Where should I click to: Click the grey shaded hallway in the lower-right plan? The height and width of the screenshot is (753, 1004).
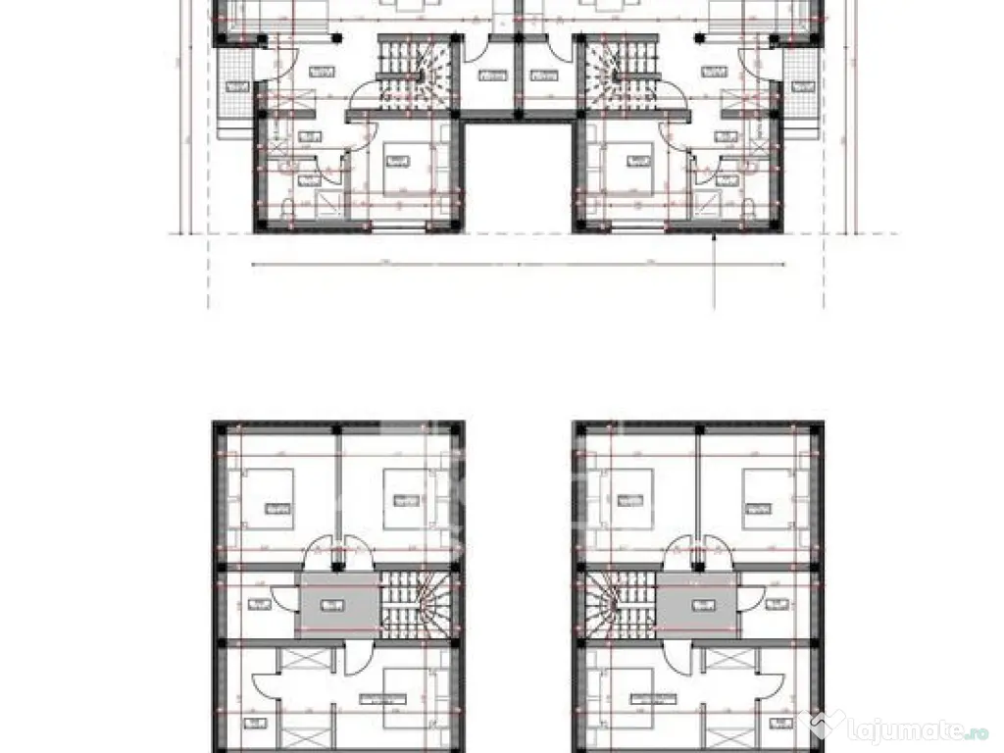pyautogui.click(x=696, y=602)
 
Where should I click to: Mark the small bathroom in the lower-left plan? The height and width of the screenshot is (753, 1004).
pyautogui.click(x=257, y=606)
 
